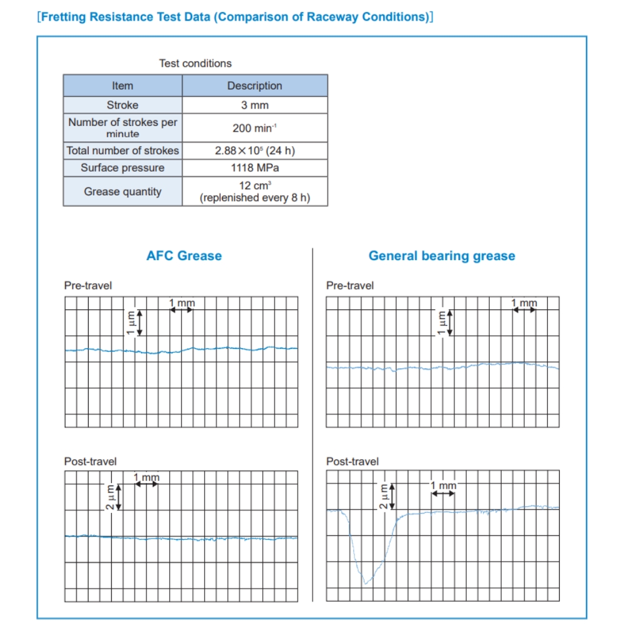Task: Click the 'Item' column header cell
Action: point(122,86)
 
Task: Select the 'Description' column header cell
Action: point(255,86)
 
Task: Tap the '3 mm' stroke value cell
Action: point(255,105)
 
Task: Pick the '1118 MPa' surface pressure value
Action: point(255,168)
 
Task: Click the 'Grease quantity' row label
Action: point(122,192)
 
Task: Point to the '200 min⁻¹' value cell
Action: point(255,128)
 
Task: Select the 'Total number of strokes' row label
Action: point(122,150)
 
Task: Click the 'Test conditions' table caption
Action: point(195,63)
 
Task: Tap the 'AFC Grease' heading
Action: point(183,256)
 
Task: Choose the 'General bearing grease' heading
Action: point(442,256)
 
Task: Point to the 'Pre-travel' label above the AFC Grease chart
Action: point(88,286)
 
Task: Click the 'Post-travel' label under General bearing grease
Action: point(352,462)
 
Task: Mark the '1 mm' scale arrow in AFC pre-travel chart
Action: point(182,310)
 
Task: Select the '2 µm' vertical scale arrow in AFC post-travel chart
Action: point(117,497)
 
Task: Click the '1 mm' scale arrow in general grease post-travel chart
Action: point(443,493)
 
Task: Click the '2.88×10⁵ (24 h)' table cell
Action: point(255,150)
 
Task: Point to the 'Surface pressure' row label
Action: point(122,168)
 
